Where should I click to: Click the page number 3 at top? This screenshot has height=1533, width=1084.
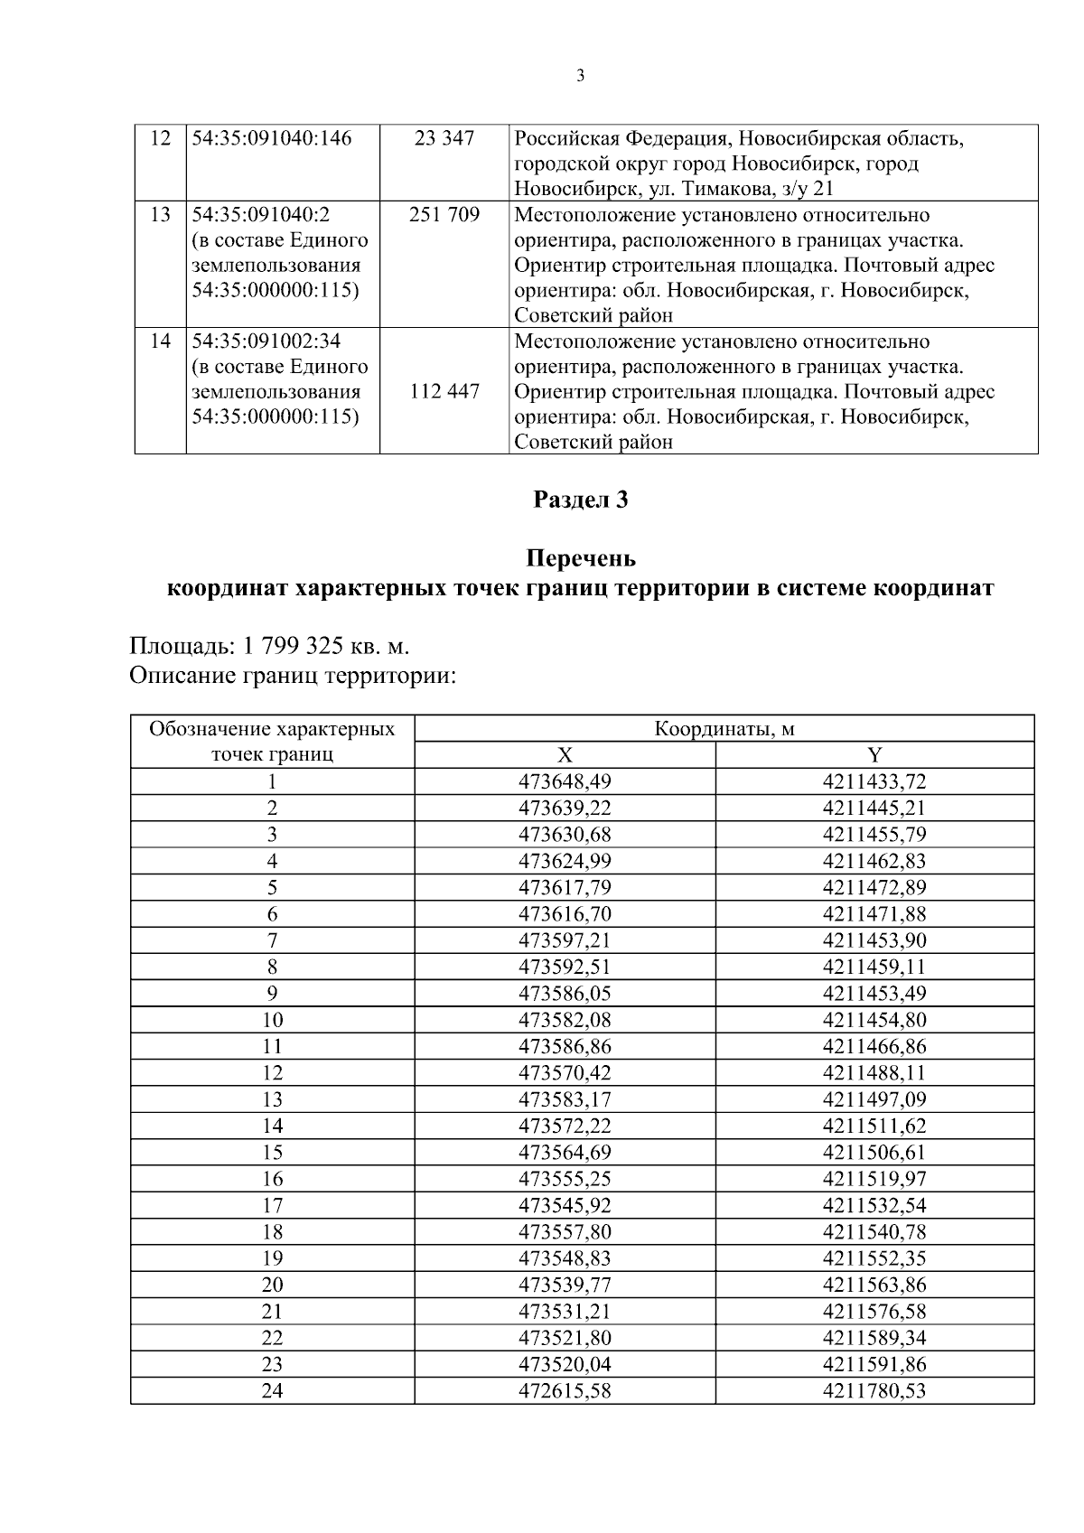pos(580,76)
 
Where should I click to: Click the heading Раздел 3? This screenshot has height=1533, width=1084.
pos(580,500)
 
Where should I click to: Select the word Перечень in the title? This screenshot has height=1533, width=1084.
pos(580,558)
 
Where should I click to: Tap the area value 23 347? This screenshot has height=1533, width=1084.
pos(444,139)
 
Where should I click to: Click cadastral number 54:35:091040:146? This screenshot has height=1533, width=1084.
pos(272,139)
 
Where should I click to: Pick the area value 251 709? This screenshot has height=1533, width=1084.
pos(444,215)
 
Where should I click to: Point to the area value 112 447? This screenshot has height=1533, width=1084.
pos(444,392)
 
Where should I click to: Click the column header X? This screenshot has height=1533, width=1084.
pos(565,756)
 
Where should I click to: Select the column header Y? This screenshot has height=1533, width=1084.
pos(874,756)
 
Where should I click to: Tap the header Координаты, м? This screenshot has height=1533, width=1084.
pos(724,729)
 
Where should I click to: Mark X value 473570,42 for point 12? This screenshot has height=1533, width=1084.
pos(565,1073)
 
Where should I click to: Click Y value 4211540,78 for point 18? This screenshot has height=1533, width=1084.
pos(874,1232)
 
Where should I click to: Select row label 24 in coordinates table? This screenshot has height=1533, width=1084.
pos(272,1391)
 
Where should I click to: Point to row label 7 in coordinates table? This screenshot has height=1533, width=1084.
pos(272,940)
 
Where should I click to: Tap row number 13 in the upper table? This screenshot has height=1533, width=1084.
pos(160,215)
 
